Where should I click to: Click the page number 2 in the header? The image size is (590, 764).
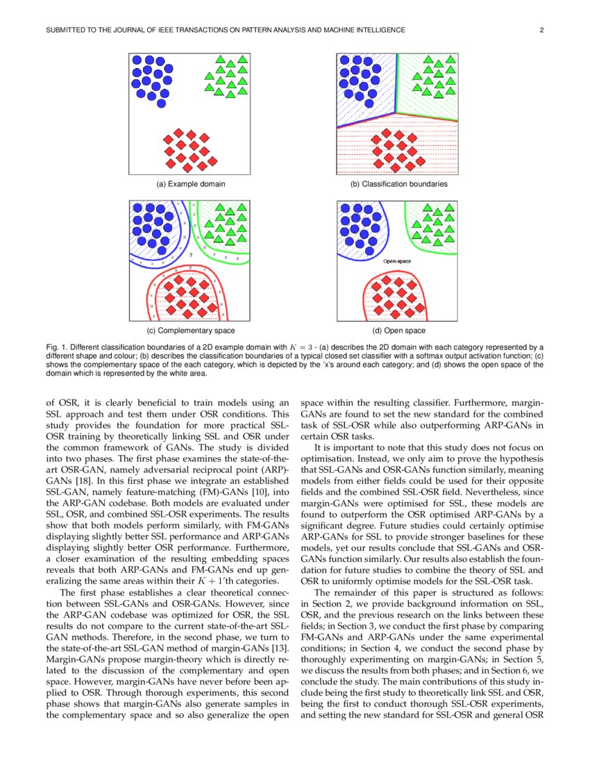pos(541,31)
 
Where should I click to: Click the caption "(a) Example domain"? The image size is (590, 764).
pos(190,184)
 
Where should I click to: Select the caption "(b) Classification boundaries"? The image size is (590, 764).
pos(398,184)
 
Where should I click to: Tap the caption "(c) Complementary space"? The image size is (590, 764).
pos(190,331)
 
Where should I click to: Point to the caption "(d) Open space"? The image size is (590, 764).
pos(398,331)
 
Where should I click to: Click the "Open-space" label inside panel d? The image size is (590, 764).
pos(397,261)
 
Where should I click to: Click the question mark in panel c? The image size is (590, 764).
pos(190,255)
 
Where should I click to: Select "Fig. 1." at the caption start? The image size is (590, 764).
pos(57,346)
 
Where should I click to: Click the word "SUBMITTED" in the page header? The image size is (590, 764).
pos(69,31)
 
